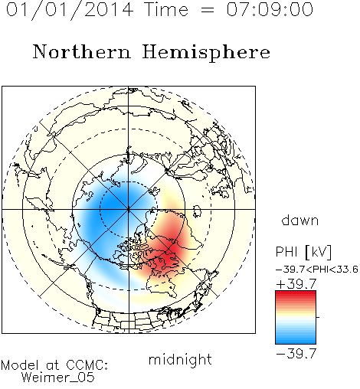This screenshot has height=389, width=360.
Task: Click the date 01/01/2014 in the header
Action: coord(70,10)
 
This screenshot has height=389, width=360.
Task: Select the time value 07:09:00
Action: coord(270,9)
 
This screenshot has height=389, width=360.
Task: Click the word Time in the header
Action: coord(166,9)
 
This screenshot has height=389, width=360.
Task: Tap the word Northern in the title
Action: coord(81,51)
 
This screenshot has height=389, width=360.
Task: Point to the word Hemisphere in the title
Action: coord(206,53)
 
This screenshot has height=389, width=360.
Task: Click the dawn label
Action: coord(300,220)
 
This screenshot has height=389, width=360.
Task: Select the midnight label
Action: coord(180,359)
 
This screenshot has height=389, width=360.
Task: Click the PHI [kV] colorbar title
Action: coord(303,252)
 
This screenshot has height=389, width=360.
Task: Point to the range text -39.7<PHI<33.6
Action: coord(317,270)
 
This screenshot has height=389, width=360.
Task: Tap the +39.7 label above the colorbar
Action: coord(296,284)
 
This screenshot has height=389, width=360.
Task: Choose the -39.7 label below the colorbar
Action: coord(296,354)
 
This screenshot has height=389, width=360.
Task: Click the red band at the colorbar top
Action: coord(296,296)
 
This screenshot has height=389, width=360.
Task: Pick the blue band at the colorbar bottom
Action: coord(296,339)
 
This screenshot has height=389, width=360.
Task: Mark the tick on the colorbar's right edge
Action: coord(318,317)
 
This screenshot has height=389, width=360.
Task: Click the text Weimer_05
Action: coord(57,378)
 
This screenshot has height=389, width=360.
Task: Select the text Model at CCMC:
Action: coord(54,365)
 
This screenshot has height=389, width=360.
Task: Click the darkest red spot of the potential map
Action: coord(174,249)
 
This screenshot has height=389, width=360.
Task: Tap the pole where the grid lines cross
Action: coord(129,209)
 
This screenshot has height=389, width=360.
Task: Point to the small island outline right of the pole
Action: coord(197,211)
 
